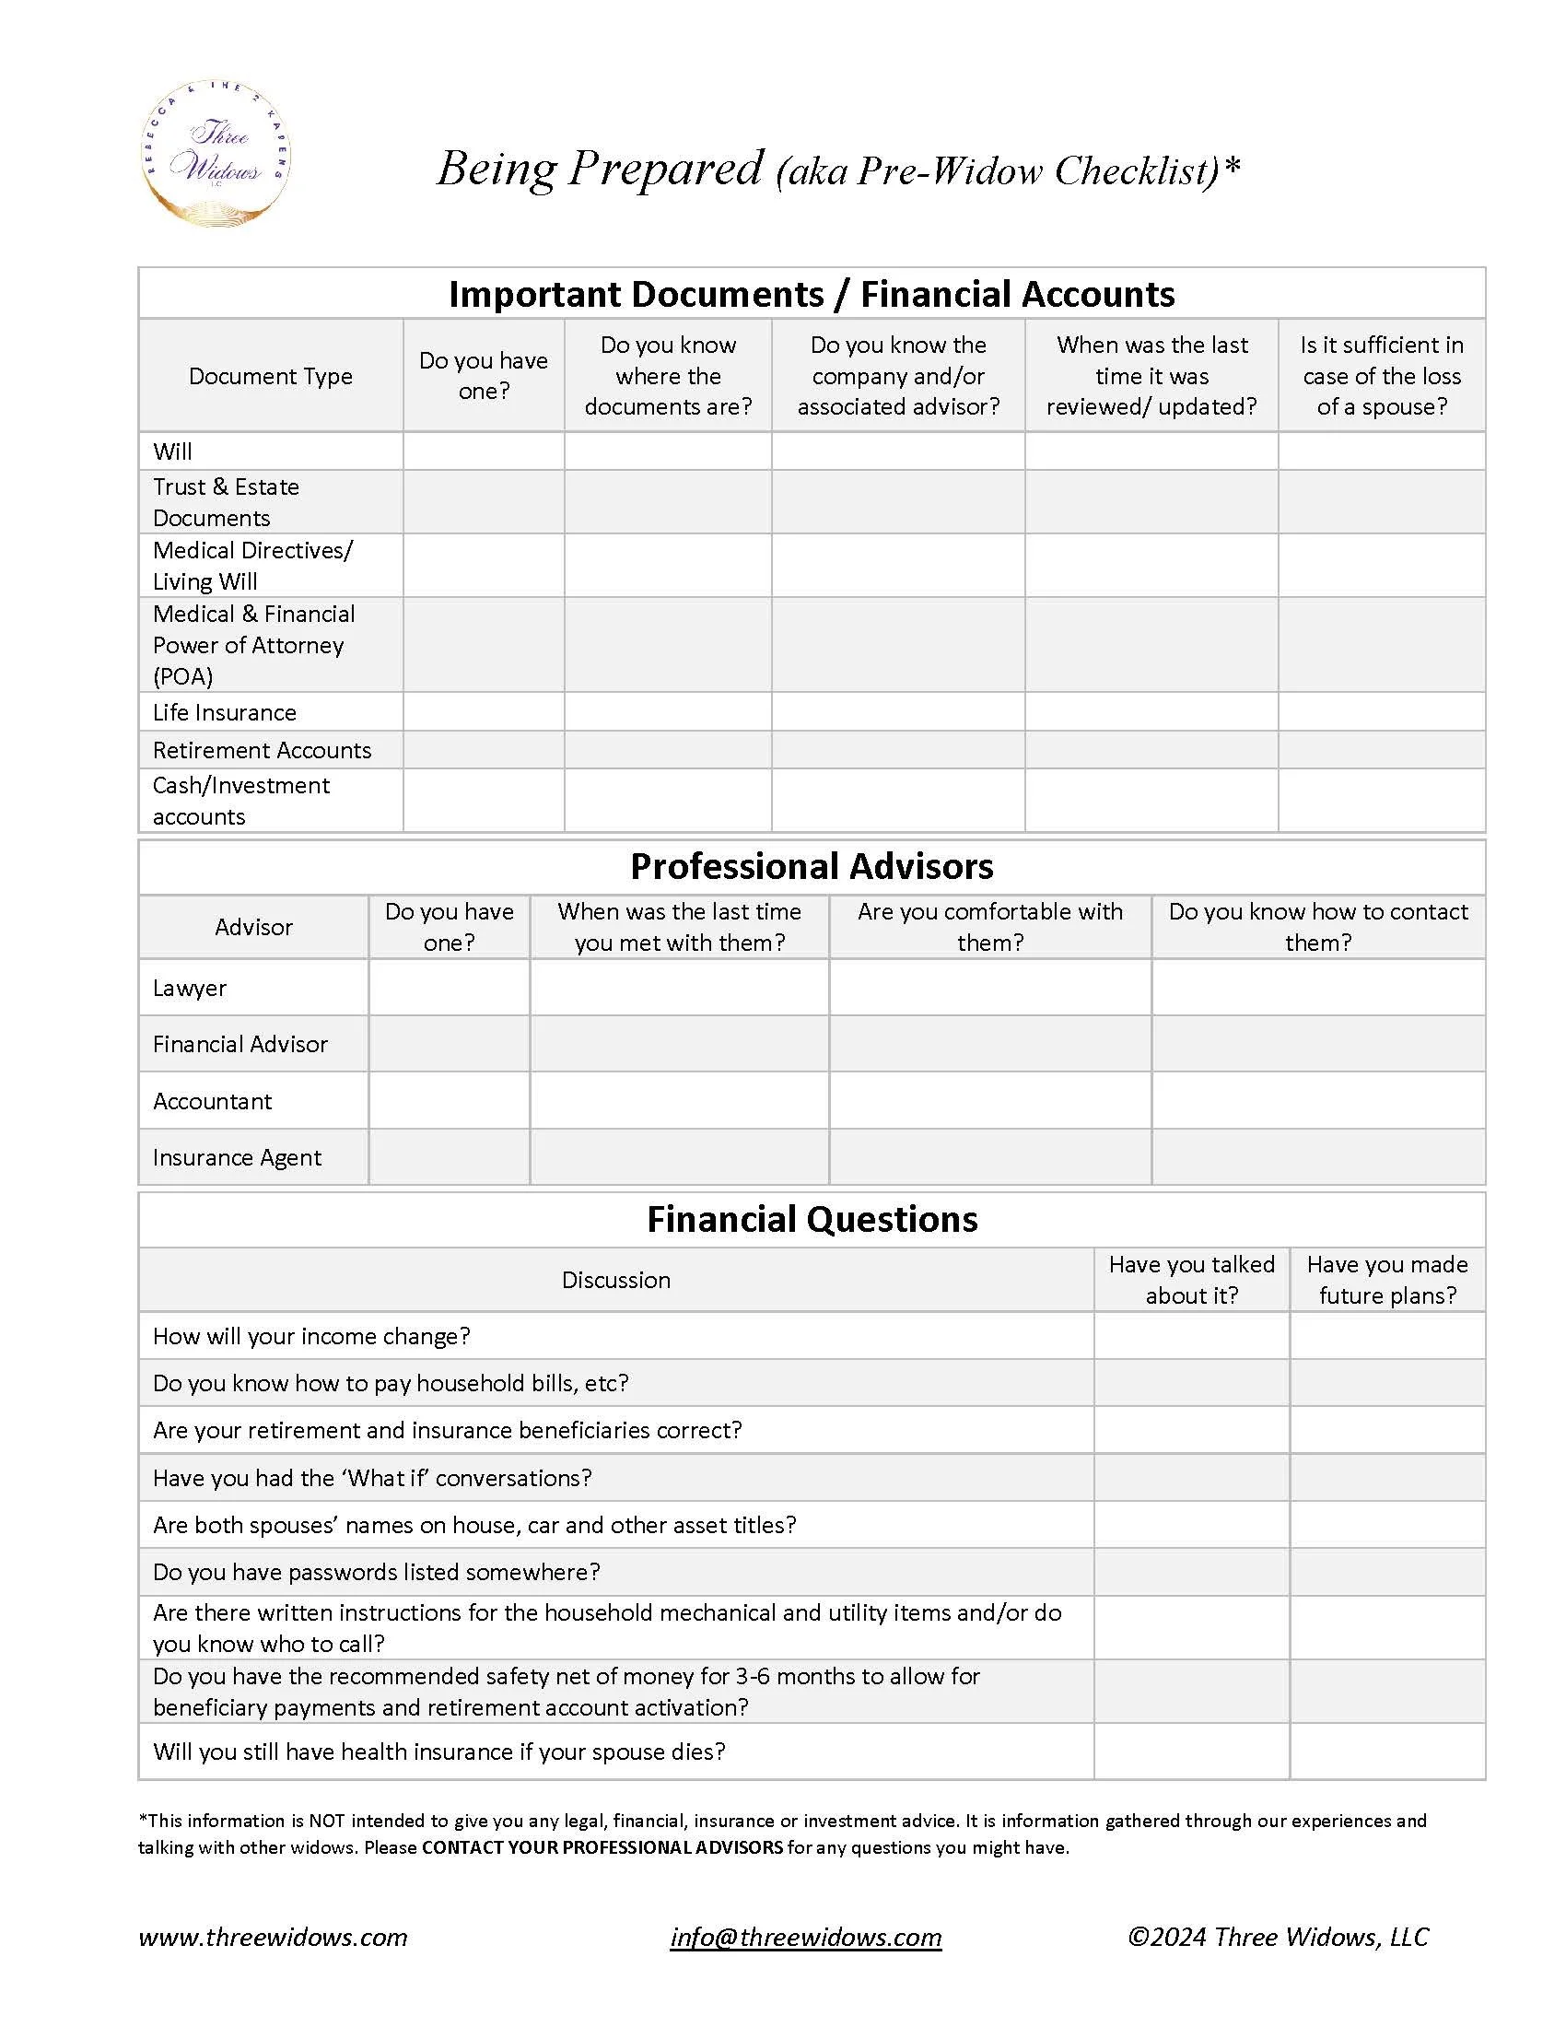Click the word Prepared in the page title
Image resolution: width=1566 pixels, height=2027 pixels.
pos(665,168)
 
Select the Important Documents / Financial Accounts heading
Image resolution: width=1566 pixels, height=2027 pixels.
pos(811,294)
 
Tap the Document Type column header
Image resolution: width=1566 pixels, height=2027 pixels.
pos(270,376)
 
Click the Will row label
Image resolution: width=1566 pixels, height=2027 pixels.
pos(172,452)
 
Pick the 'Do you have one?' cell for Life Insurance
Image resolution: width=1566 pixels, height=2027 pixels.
pos(484,712)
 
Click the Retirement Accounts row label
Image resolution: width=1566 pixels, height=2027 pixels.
pos(262,750)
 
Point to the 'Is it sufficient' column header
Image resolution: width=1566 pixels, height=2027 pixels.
pos(1381,376)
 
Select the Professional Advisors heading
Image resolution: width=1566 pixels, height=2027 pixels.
pos(811,867)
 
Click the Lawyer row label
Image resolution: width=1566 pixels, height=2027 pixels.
pos(189,989)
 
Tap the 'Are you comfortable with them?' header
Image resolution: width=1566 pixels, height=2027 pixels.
pos(989,927)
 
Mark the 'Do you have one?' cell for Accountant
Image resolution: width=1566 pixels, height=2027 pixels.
pos(449,1101)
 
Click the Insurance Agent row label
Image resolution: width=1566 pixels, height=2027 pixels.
pos(237,1157)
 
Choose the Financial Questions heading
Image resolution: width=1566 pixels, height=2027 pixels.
pos(811,1220)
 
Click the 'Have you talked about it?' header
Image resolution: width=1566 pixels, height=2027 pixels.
pos(1190,1280)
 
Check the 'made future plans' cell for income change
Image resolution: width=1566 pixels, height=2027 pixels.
pos(1386,1336)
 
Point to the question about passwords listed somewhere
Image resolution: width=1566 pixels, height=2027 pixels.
pos(376,1572)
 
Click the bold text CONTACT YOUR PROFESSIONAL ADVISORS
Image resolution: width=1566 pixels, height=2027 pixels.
pos(602,1847)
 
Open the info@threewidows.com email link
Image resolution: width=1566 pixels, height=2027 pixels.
pos(805,1937)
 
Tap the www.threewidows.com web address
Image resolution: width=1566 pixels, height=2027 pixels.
pos(273,1937)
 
